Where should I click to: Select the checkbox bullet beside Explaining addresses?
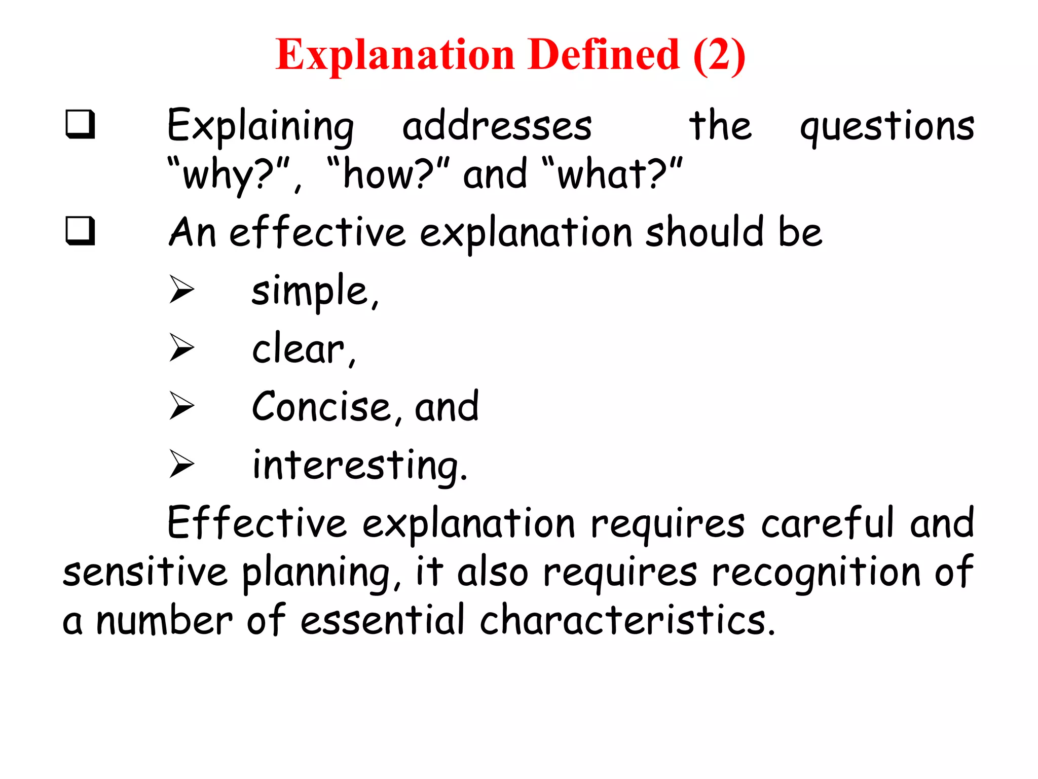coord(80,124)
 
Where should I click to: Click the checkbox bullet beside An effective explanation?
coord(80,231)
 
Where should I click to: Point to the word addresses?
coord(497,127)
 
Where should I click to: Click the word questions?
coord(887,127)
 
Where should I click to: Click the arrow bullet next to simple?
coord(182,290)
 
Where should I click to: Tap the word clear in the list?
coord(299,349)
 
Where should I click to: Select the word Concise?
coord(321,407)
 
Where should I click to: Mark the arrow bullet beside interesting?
coord(182,464)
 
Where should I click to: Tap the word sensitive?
coord(145,572)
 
